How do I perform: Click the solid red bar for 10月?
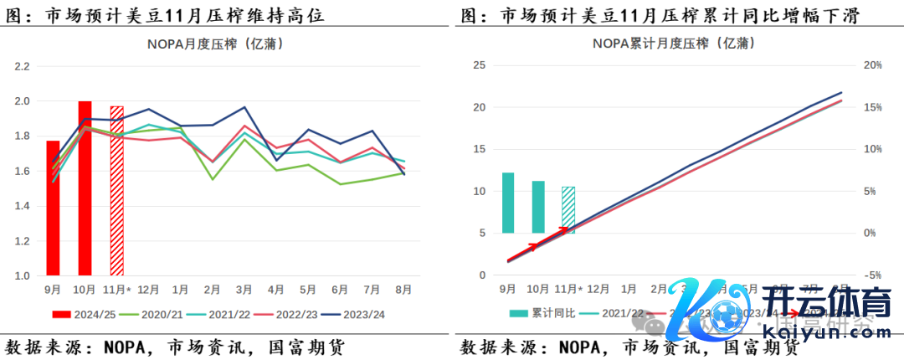(85, 188)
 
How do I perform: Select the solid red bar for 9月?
(53, 208)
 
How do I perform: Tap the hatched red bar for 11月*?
(117, 191)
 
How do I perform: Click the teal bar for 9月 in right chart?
(508, 203)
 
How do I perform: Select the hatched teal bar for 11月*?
(568, 209)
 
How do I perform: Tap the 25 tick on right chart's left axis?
(480, 65)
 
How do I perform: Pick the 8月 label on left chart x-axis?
(403, 290)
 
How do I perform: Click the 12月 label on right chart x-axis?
(598, 290)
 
